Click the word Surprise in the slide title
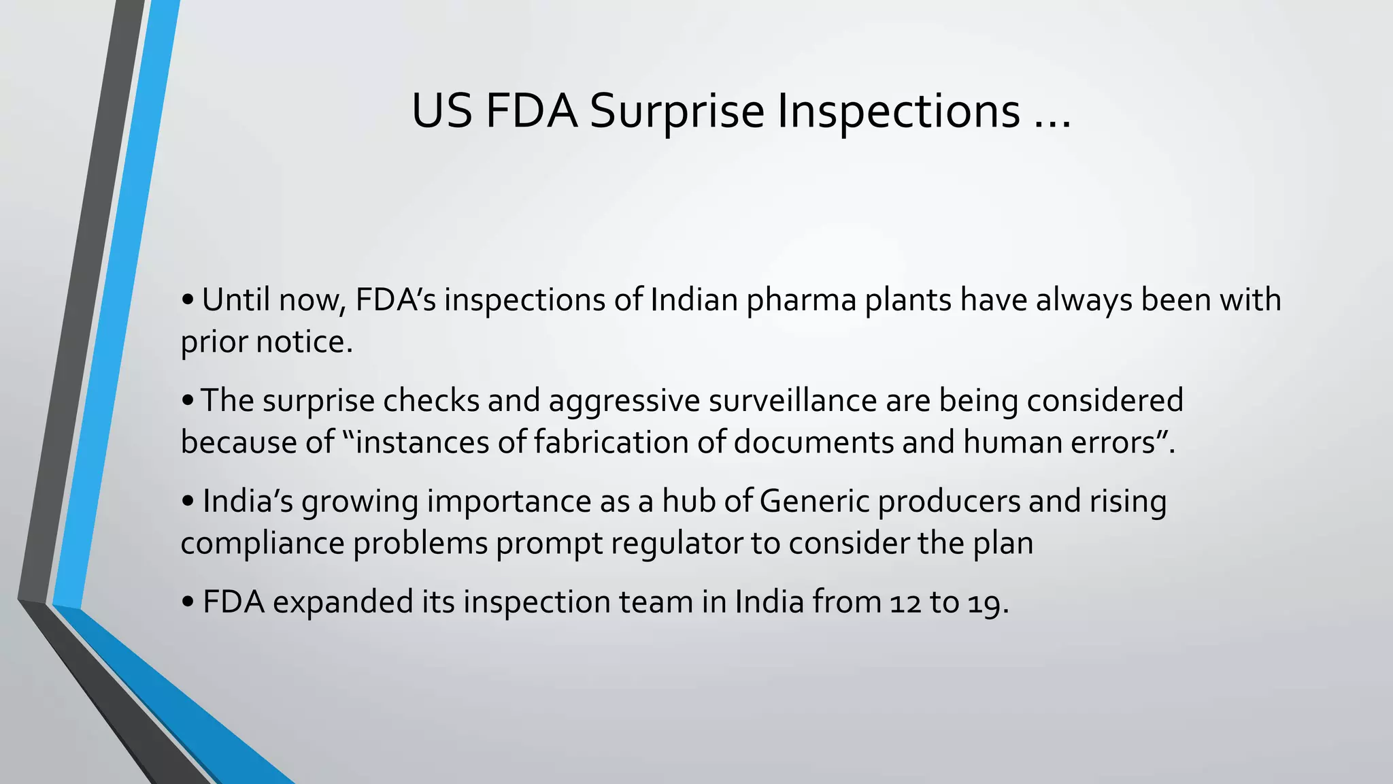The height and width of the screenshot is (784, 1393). click(677, 111)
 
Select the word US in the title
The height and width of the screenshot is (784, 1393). click(442, 111)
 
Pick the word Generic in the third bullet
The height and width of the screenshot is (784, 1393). click(814, 502)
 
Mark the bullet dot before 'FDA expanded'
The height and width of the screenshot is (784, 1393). click(188, 603)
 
